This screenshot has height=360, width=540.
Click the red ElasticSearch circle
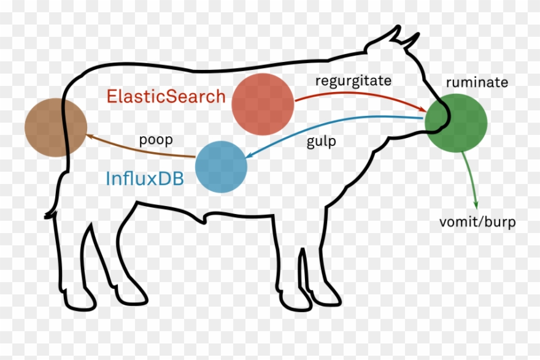click(263, 104)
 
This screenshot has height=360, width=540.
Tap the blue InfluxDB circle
click(221, 167)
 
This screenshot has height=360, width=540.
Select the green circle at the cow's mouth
click(457, 121)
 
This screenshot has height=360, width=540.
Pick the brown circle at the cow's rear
click(55, 128)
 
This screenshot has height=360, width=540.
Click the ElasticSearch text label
click(166, 97)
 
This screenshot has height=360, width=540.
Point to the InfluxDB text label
click(145, 178)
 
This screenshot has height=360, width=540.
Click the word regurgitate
click(353, 80)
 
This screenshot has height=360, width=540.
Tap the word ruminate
click(477, 82)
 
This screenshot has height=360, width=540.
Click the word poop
click(155, 139)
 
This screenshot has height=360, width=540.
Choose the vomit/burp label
click(477, 222)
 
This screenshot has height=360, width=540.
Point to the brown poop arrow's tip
click(89, 136)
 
